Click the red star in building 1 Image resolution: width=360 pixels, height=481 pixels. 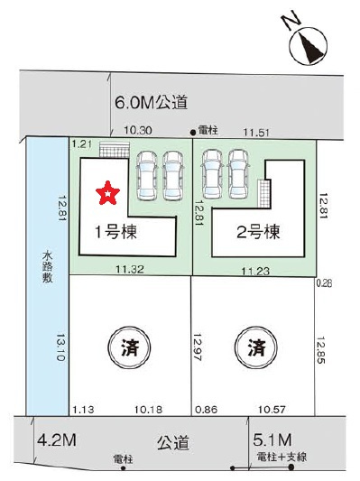pyautogui.click(x=107, y=190)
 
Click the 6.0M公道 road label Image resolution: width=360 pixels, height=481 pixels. pyautogui.click(x=151, y=103)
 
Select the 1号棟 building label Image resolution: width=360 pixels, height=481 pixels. pyautogui.click(x=116, y=231)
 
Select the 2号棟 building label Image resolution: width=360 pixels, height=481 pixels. pyautogui.click(x=257, y=231)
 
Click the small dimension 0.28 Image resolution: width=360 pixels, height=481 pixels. pyautogui.click(x=324, y=283)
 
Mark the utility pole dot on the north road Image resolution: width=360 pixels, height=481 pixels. pyautogui.click(x=193, y=133)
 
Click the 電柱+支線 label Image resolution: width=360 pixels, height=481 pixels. pyautogui.click(x=282, y=458)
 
